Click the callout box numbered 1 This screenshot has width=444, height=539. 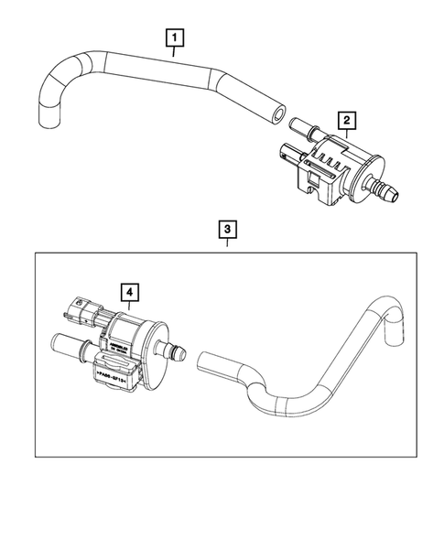tap(173, 38)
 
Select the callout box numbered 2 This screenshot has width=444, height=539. tap(346, 120)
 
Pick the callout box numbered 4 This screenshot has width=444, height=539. tap(132, 292)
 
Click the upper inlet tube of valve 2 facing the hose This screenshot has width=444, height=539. tap(300, 124)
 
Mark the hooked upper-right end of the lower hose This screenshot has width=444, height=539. tap(395, 331)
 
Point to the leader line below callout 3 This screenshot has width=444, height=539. tap(225, 245)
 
